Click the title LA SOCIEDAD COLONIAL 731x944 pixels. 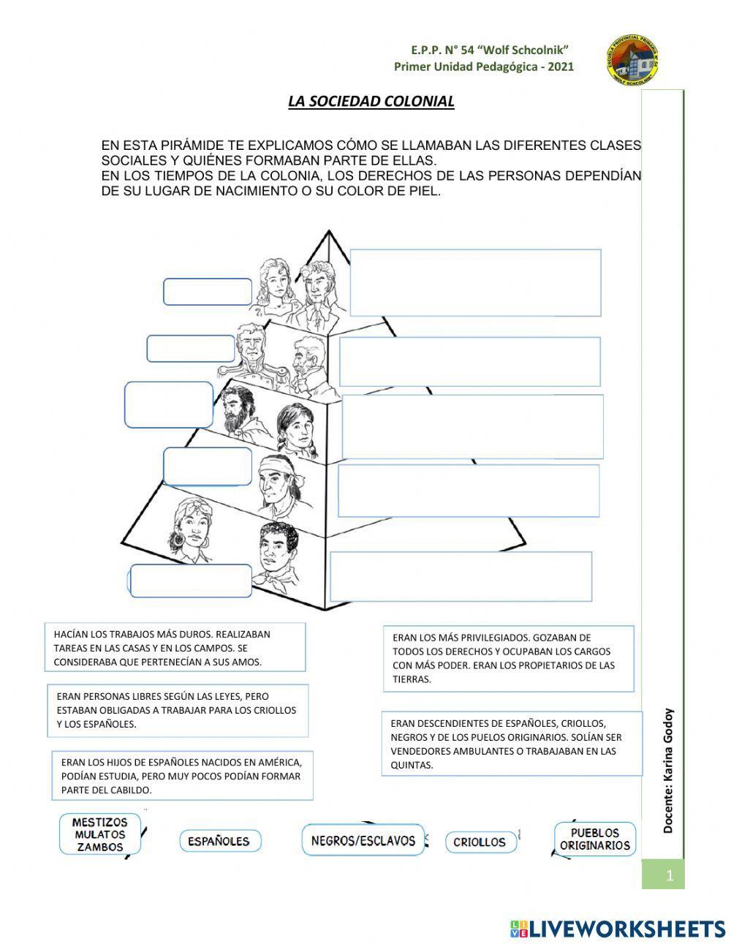coord(371,102)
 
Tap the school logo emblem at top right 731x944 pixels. coord(632,61)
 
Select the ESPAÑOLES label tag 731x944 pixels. coord(219,841)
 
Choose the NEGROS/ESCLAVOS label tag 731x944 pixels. coord(363,840)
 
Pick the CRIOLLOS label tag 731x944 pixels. coord(480,842)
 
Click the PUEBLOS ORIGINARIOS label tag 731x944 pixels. coord(594,839)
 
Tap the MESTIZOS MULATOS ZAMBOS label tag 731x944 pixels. coord(100,835)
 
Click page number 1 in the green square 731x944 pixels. coord(669,875)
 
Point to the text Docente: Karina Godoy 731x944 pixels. coord(667,771)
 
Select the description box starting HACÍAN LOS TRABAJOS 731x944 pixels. coord(174,648)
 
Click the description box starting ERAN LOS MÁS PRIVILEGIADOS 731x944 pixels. coord(507,658)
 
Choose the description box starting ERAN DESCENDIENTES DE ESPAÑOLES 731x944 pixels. coord(507,744)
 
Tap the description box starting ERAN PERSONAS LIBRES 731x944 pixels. coord(178,710)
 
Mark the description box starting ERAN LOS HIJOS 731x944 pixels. coord(182,775)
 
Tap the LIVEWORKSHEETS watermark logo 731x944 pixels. coord(617,929)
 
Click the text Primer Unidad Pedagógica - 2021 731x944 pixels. coord(484,67)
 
